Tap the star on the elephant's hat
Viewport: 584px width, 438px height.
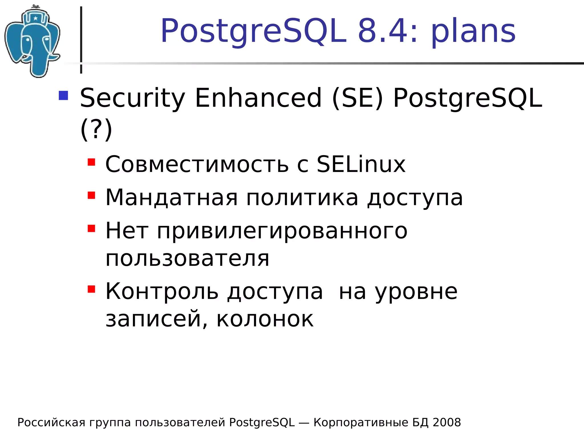coord(35,19)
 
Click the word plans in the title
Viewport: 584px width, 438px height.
coord(473,31)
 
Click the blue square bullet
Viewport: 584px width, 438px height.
coord(63,96)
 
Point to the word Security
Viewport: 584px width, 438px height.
coord(132,98)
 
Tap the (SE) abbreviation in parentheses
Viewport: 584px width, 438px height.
coord(357,98)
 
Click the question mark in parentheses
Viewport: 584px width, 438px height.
coord(96,129)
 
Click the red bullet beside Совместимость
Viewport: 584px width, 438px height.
coord(91,162)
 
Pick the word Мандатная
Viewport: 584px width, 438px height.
coord(171,197)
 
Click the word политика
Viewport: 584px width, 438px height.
coord(302,197)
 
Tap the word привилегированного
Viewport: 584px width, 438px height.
coord(282,231)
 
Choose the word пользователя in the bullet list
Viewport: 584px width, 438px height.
coord(187,259)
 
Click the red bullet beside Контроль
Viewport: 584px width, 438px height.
coord(91,289)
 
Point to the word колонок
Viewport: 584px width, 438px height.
coord(265,319)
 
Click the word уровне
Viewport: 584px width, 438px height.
coord(416,292)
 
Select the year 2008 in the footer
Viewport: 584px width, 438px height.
coord(447,422)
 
